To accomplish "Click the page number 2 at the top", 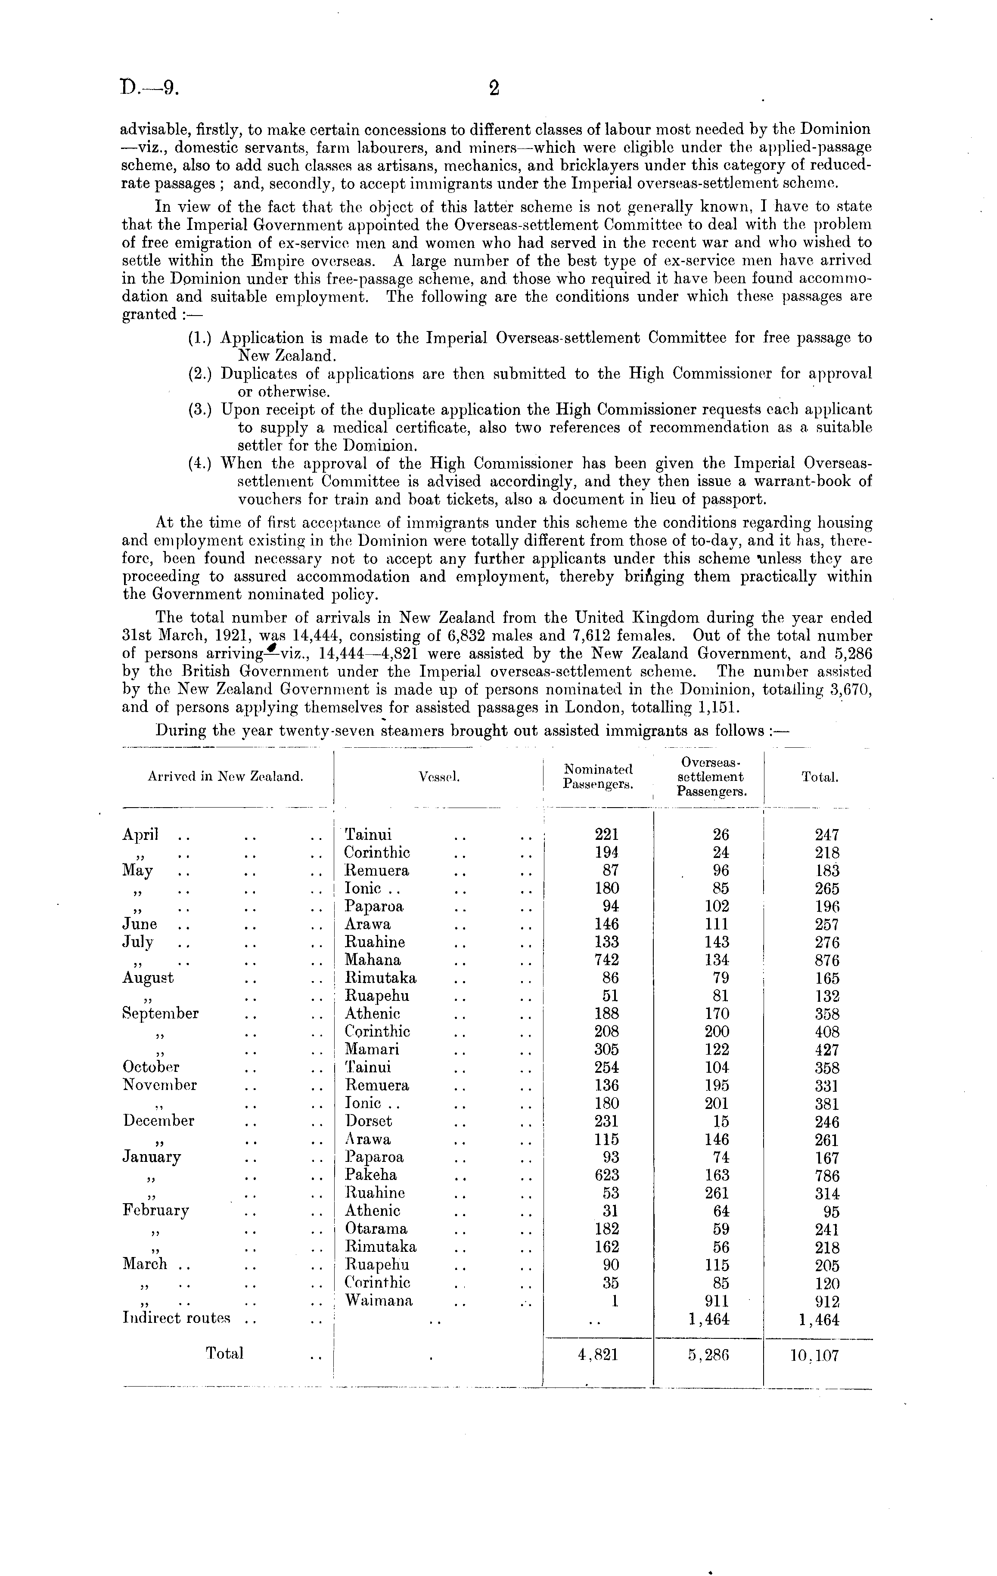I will click(494, 88).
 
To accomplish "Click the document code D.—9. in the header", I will click(150, 88).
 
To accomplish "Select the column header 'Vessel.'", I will click(438, 777).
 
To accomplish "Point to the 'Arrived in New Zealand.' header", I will click(225, 777).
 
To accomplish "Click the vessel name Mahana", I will click(373, 960).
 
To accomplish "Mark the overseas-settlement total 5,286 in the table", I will click(708, 1355).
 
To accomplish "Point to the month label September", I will click(160, 1014).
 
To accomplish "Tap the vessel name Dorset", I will click(369, 1121).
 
